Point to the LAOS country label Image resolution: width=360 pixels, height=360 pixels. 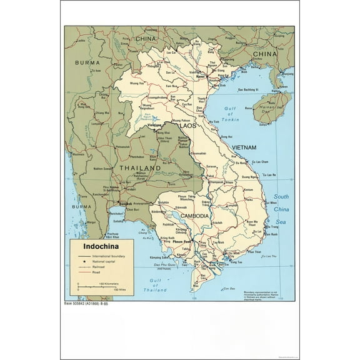187,126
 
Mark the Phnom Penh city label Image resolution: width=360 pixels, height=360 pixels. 186,241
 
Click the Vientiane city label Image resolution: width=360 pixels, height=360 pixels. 156,126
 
